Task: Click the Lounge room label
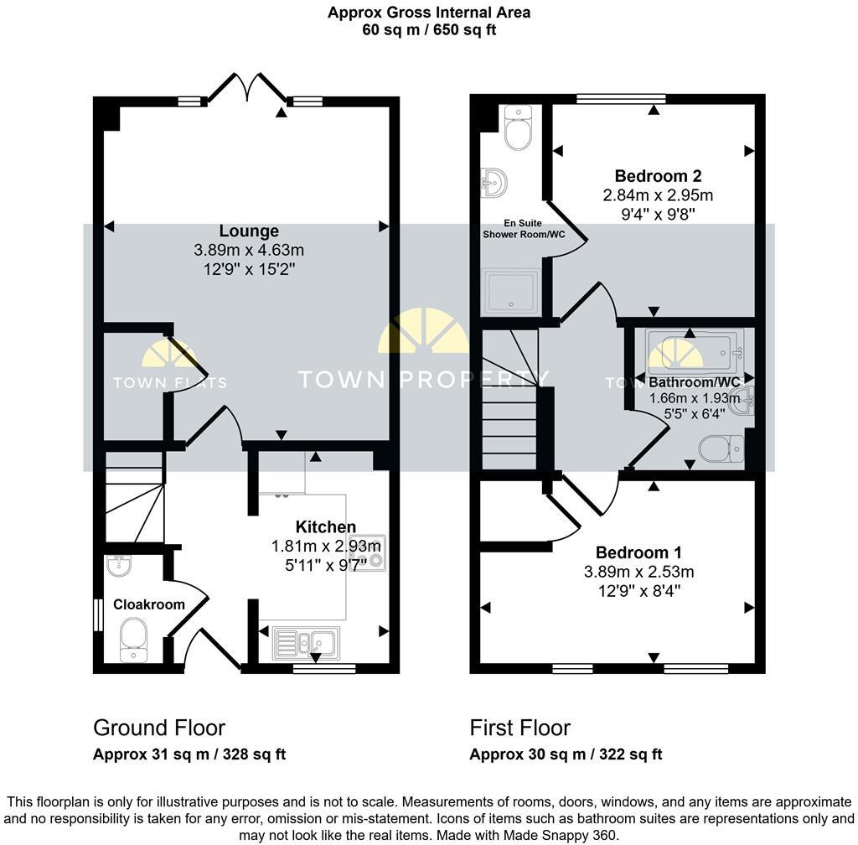click(248, 231)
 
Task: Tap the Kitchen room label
click(325, 526)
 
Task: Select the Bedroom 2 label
click(658, 176)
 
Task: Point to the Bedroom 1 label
click(638, 552)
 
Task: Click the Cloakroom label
click(137, 604)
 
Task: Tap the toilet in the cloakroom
click(132, 640)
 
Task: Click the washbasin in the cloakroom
click(118, 568)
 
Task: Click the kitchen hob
click(368, 551)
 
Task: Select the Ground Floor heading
click(158, 728)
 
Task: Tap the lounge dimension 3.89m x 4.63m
click(248, 250)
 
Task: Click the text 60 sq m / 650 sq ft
click(428, 29)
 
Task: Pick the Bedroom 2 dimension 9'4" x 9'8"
click(658, 215)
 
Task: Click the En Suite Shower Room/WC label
click(523, 229)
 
